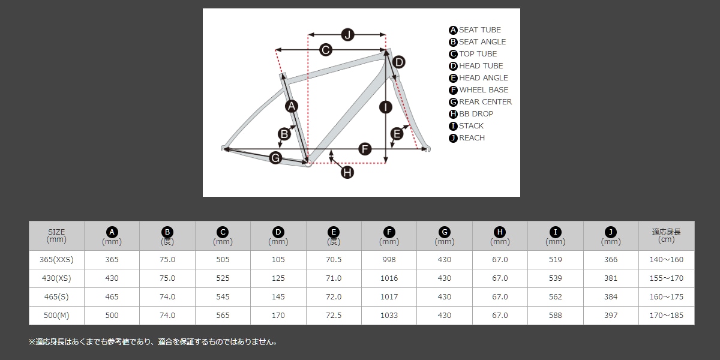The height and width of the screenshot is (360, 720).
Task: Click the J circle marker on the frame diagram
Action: coord(347,35)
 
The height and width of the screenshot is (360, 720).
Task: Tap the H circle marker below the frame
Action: coord(347,172)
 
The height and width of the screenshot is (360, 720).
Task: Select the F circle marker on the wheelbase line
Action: coord(365,149)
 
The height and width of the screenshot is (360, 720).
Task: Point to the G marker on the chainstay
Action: coord(275,158)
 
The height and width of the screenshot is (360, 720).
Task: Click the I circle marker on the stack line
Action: coord(385,107)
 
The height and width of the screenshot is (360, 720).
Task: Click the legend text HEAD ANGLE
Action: coord(484,78)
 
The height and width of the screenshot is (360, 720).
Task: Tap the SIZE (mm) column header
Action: coord(56,236)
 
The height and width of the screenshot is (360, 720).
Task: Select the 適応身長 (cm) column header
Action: coord(667,236)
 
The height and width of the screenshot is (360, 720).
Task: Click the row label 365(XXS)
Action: coord(56,260)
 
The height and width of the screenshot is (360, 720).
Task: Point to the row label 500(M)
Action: coord(56,316)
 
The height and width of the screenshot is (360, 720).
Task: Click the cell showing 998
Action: coord(389,260)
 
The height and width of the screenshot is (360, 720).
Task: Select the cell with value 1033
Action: coord(389,316)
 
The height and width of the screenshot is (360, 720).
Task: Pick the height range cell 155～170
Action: coord(667,278)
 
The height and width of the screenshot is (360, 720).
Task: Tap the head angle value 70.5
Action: coord(334,260)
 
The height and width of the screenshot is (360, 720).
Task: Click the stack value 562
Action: coord(555,296)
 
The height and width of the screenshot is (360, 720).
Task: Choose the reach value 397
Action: coord(611,316)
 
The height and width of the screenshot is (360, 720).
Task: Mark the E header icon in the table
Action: coord(334,232)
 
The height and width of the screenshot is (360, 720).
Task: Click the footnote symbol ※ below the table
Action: coord(32,342)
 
